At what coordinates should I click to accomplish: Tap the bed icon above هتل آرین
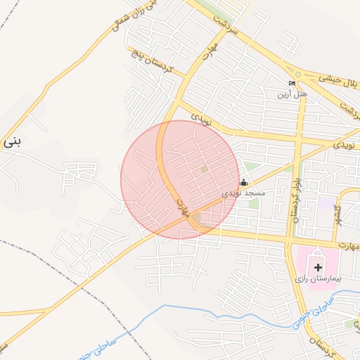tap(292, 84)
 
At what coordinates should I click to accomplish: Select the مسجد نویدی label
tap(243, 193)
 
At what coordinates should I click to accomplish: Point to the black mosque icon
tap(243, 183)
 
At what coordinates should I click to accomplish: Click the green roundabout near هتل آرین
tap(298, 75)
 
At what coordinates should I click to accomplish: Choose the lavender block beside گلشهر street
tap(326, 202)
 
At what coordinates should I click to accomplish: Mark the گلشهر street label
tap(338, 211)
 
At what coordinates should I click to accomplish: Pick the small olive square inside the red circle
tap(204, 169)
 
